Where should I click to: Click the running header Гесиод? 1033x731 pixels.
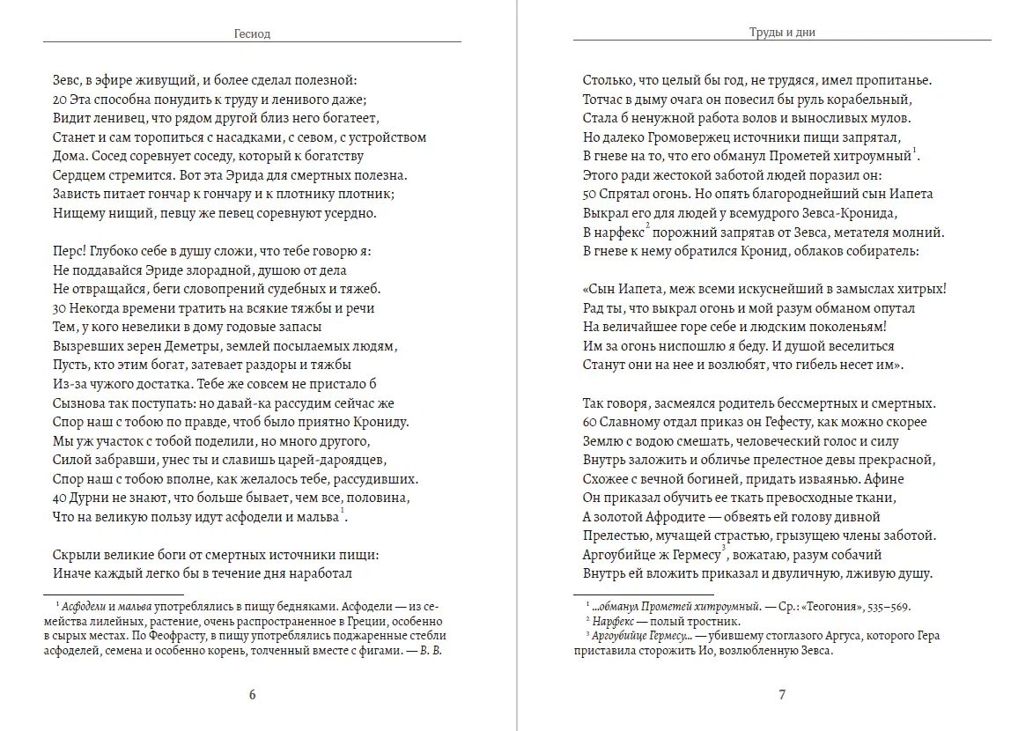[x=252, y=35]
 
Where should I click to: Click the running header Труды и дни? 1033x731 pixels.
[x=782, y=33]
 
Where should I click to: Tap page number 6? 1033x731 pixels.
[x=252, y=694]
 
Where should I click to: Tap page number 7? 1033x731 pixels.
[x=782, y=694]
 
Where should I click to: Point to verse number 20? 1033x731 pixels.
[x=60, y=100]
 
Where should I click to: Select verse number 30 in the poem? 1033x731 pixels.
[x=60, y=308]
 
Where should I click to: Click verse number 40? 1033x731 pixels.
[x=60, y=498]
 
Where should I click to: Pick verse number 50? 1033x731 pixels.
[x=590, y=194]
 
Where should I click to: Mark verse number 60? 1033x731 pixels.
[x=590, y=422]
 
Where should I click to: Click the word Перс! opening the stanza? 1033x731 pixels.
[x=70, y=251]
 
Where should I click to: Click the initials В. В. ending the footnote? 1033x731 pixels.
[x=426, y=651]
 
